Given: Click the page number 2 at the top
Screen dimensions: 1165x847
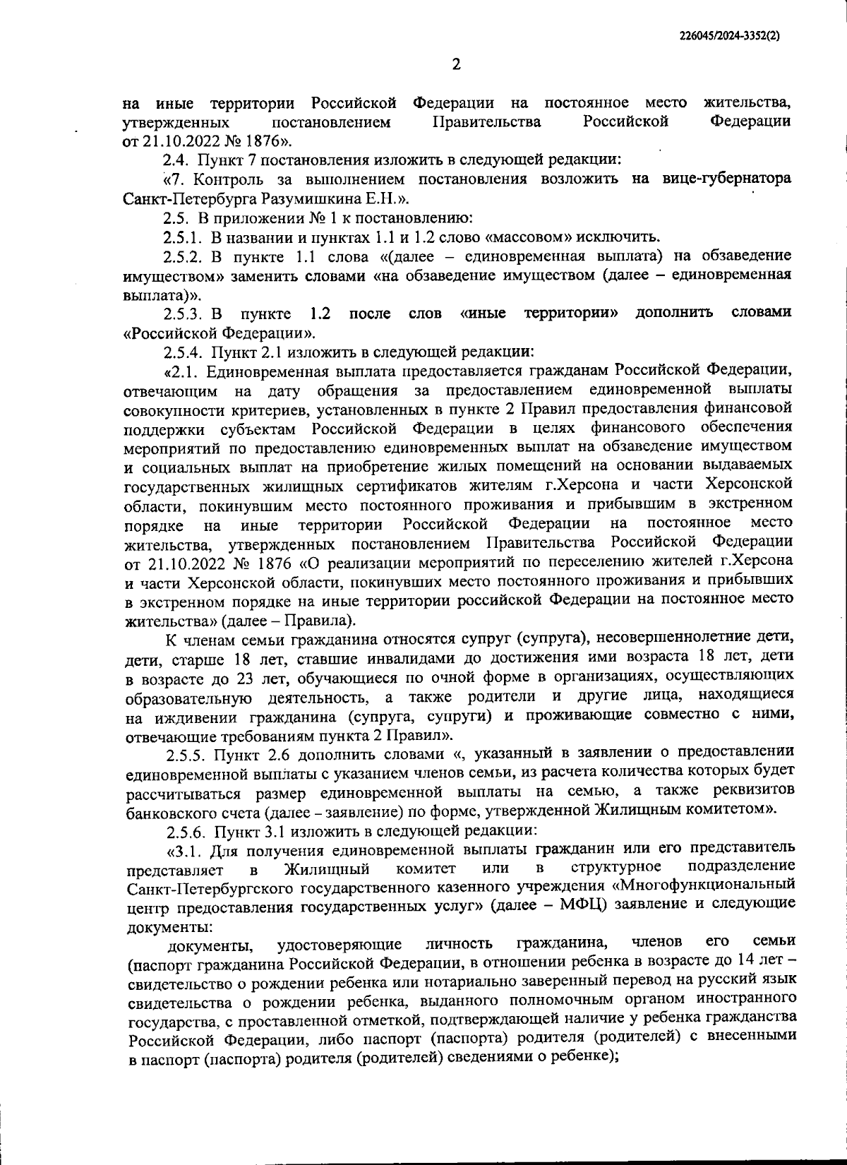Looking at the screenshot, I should (x=455, y=64).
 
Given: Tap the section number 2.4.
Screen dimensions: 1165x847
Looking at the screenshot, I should (x=176, y=160).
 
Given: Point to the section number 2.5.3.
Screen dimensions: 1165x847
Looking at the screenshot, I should (x=186, y=312).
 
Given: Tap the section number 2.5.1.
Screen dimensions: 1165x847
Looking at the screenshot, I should (x=185, y=236).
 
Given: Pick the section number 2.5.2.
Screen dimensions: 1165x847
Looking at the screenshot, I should (x=186, y=255).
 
